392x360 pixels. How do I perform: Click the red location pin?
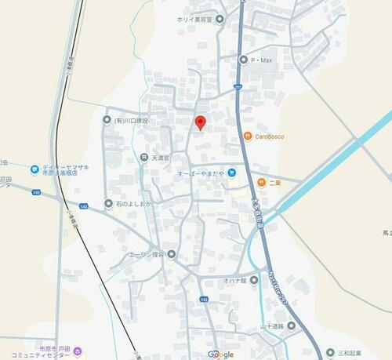pos(200,122)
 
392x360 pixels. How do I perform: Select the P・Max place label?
pos(260,60)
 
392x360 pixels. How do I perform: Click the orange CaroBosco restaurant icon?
pos(247,136)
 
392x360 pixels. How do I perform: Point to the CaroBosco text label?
pos(269,136)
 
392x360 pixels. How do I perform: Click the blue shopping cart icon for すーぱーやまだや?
pos(232,173)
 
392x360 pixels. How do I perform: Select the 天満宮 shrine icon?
pos(144,158)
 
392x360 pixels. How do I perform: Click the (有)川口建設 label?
pos(130,120)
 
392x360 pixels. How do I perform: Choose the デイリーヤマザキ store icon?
pos(34,169)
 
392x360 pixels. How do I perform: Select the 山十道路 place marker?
pos(291,325)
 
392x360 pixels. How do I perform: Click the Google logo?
pos(220,354)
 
